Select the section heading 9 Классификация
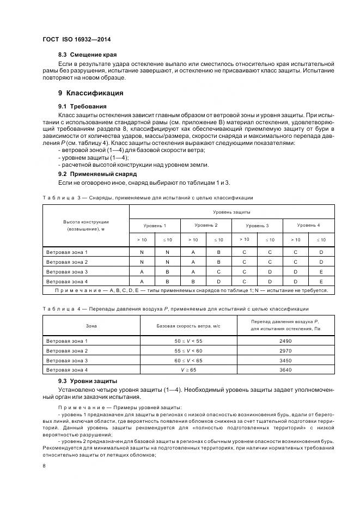[x=90, y=93]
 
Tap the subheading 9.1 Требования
[x=82, y=106]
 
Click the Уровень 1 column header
[x=155, y=225]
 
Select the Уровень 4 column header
[x=308, y=225]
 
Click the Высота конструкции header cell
[x=86, y=226]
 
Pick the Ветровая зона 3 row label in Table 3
[x=67, y=271]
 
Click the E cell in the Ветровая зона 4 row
[x=321, y=281]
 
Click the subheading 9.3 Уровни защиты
[x=88, y=380]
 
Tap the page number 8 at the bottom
[x=44, y=465]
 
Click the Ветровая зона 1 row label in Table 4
[x=67, y=341]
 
